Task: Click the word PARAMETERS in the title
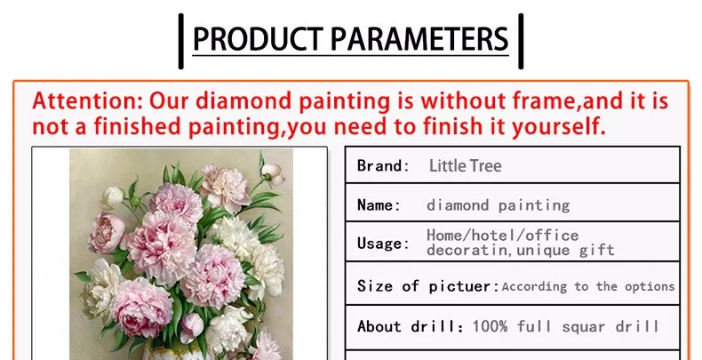[419, 38]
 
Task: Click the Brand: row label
[383, 165]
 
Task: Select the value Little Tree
[465, 165]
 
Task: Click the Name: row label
[379, 205]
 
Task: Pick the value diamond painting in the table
[499, 205]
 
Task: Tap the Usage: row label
[383, 244]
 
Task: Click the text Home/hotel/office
[502, 235]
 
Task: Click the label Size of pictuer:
[428, 286]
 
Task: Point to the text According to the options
[588, 286]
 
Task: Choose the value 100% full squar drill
[566, 326]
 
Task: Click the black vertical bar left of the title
[181, 41]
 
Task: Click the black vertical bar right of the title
[521, 41]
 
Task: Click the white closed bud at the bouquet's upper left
[112, 197]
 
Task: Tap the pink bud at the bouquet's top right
[273, 173]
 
